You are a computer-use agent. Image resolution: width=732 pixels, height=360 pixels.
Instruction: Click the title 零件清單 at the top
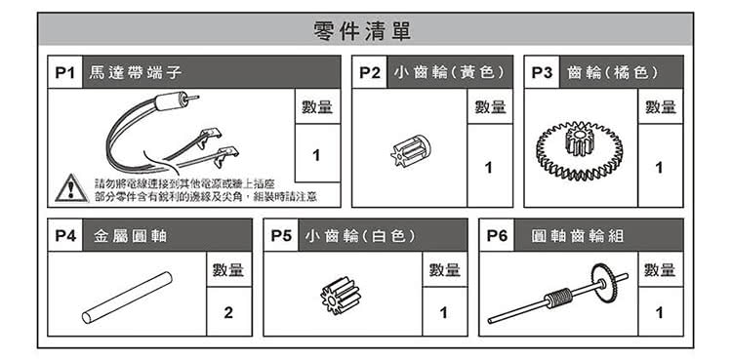tap(365, 30)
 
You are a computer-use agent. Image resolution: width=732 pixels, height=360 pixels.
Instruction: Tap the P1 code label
tap(65, 73)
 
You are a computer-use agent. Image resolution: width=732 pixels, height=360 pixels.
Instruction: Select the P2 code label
tap(369, 73)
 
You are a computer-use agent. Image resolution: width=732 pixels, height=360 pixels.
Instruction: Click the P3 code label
tap(542, 73)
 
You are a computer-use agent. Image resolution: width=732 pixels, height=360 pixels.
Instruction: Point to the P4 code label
tap(65, 235)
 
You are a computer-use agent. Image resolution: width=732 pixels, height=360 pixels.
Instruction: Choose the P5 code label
tap(281, 235)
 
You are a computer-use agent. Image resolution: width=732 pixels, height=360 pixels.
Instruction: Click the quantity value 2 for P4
tap(228, 314)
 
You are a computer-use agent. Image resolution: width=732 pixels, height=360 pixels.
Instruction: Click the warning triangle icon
tap(70, 188)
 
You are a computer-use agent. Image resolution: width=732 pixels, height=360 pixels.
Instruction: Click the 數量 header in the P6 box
tap(661, 269)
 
